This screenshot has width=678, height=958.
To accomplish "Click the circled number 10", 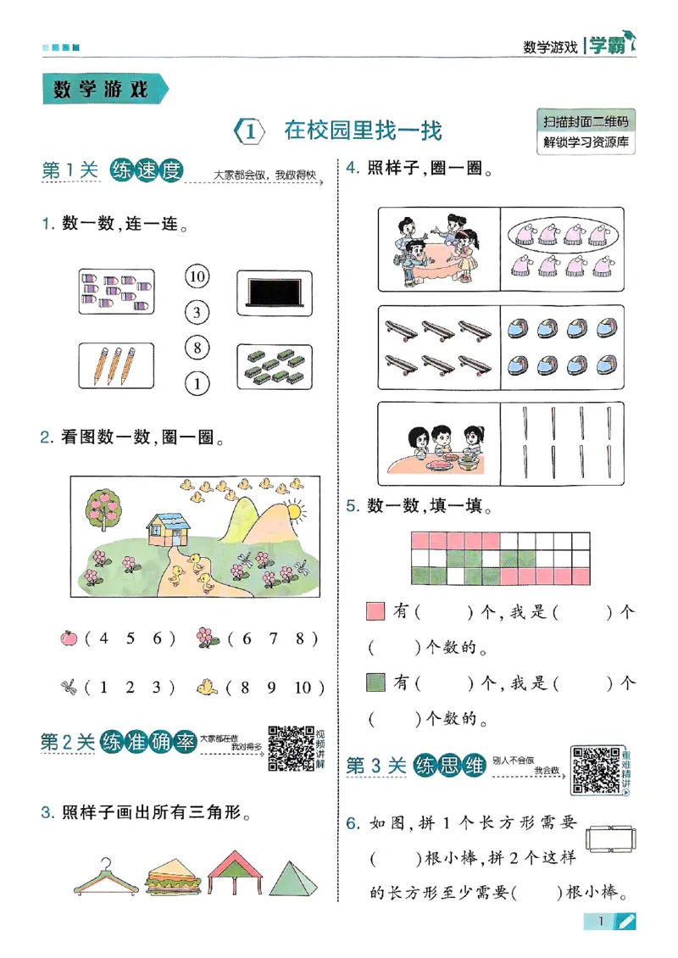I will point(197,276).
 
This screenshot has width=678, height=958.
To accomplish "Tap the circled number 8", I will point(197,348).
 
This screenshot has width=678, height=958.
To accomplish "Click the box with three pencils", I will point(116,365).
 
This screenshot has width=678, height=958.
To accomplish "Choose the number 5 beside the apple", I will point(131,638).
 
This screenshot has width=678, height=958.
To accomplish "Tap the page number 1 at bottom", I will point(600,922).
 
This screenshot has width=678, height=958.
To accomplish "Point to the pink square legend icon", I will point(375,610).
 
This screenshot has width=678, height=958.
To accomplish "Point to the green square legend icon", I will point(375,682).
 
